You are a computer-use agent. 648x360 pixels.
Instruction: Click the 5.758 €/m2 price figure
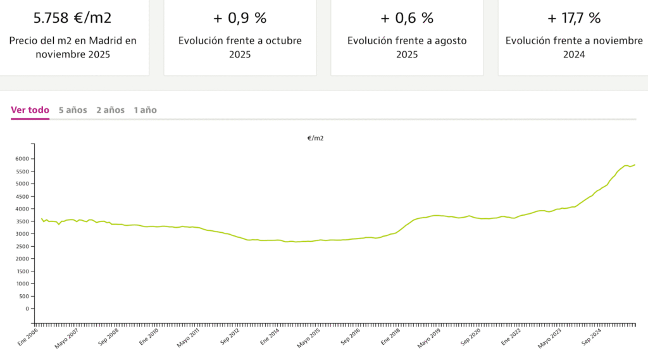tap(73, 18)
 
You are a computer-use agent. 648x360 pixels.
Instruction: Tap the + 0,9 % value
tap(240, 18)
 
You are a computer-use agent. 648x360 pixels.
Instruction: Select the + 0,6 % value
tap(407, 18)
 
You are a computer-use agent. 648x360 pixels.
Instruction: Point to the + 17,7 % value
tap(574, 18)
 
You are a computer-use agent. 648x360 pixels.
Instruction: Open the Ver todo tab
tap(30, 110)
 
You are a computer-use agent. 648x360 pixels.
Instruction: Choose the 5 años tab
tap(73, 110)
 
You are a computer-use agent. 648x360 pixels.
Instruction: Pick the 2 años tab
tap(110, 110)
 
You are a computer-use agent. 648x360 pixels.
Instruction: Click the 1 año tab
tap(145, 110)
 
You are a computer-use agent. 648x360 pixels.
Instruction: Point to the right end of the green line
tap(635, 164)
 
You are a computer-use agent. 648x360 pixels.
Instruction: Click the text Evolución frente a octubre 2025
tap(240, 47)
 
